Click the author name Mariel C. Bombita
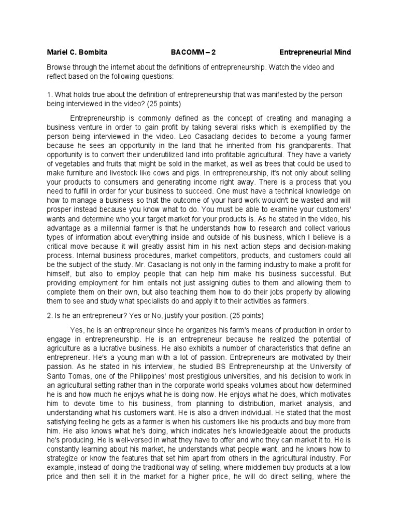tap(77, 52)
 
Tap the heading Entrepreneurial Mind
tap(315, 52)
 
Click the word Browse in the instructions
tap(59, 67)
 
